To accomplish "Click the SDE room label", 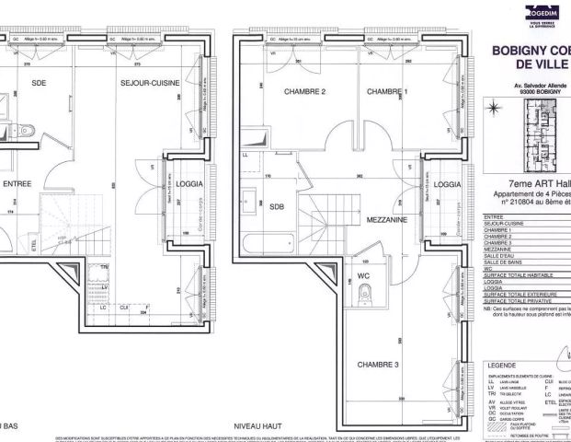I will [40, 82].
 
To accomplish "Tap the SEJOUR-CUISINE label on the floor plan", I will [153, 83].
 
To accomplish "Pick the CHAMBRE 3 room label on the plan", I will [380, 364].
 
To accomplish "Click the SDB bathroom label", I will [277, 207].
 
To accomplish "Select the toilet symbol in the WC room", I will [367, 293].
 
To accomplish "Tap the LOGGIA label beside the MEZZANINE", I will [448, 185].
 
